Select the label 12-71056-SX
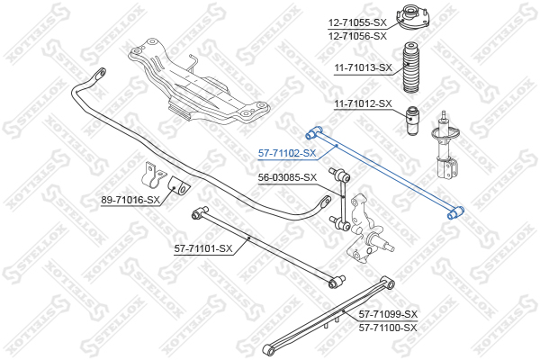pyautogui.click(x=356, y=36)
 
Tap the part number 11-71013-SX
pyautogui.click(x=364, y=67)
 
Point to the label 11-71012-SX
pyautogui.click(x=364, y=103)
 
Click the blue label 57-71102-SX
pyautogui.click(x=286, y=153)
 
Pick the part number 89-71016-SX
pyautogui.click(x=130, y=201)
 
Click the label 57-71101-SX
pyautogui.click(x=203, y=248)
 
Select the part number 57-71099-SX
pyautogui.click(x=388, y=313)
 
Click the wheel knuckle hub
pyautogui.click(x=372, y=229)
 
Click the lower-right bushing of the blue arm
pyautogui.click(x=454, y=213)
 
